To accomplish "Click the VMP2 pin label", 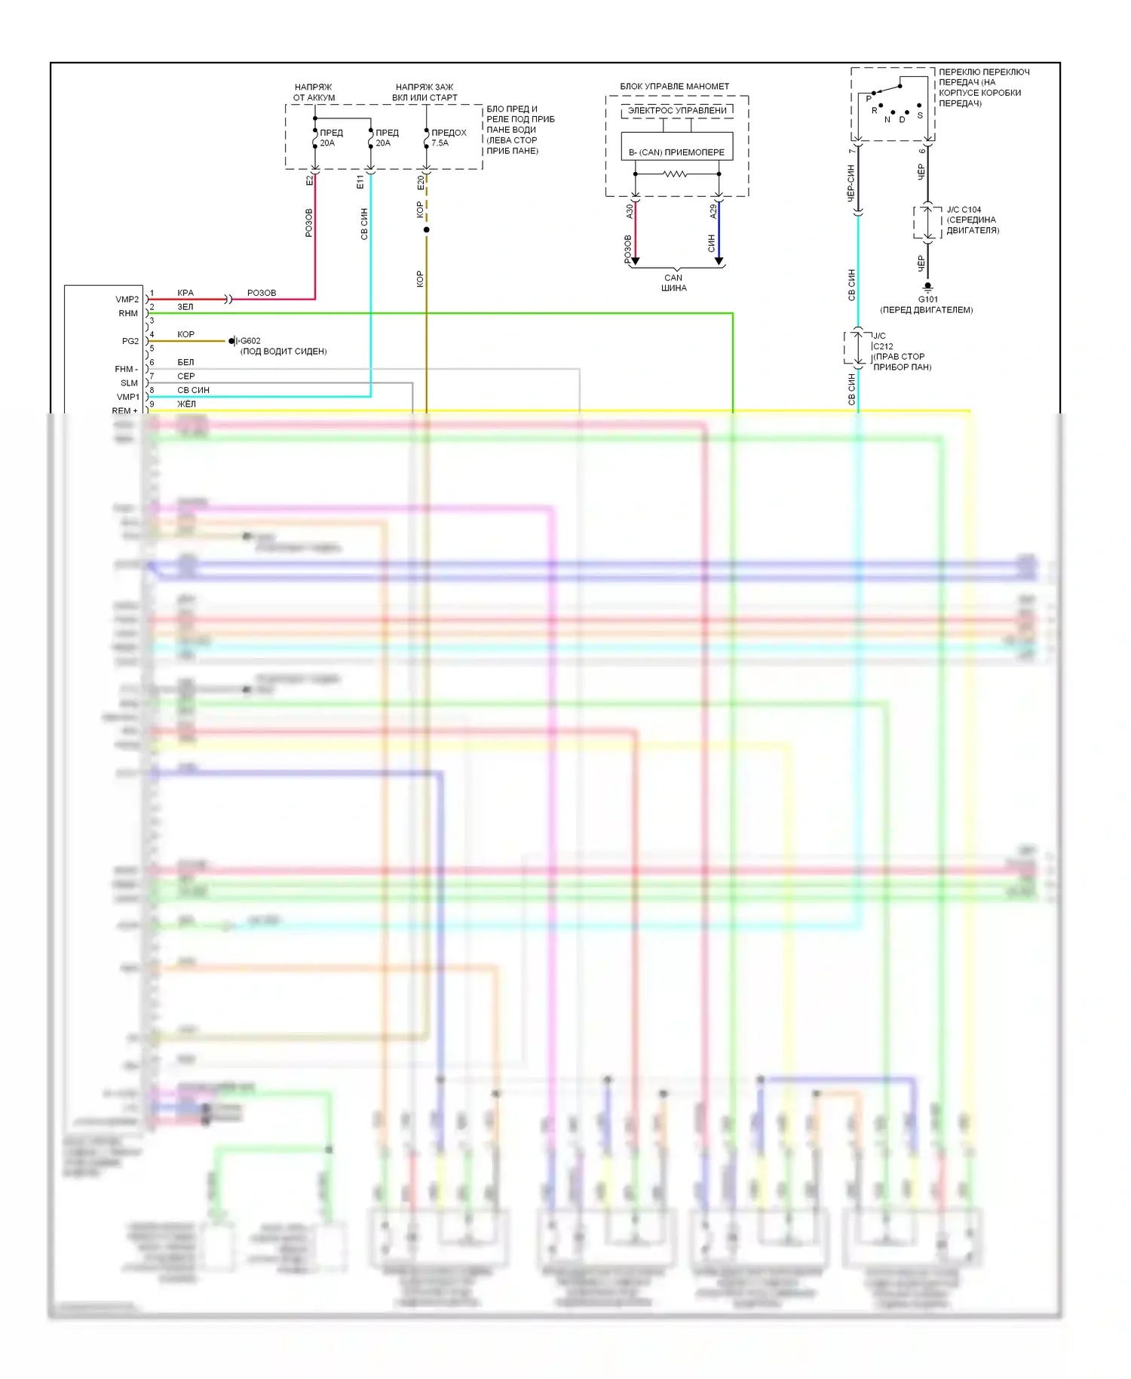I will (127, 299).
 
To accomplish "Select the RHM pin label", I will (127, 313).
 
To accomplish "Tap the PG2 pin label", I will (130, 341).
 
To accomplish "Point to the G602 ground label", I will (250, 341).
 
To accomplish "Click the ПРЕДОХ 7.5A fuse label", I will (448, 137).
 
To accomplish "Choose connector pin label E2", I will (309, 181).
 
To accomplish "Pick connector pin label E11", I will (360, 182).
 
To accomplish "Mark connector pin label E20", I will (421, 182).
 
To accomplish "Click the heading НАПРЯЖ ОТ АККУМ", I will (314, 92).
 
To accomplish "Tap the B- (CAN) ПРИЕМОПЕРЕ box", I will (676, 152).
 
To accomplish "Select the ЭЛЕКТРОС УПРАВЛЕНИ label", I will (677, 111).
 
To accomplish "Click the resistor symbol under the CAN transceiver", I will (675, 174).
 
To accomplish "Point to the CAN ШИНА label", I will (673, 283).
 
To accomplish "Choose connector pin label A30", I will (630, 211).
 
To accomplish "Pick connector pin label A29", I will (713, 211).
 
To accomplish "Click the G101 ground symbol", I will (928, 287).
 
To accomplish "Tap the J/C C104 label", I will (964, 210).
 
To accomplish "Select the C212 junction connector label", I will (883, 346).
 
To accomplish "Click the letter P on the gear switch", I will (869, 99).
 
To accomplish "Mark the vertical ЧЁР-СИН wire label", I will (851, 183).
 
